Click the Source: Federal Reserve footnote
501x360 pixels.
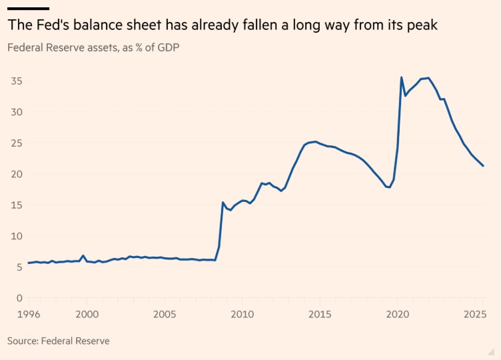pyautogui.click(x=58, y=341)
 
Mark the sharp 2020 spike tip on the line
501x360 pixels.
pyautogui.click(x=401, y=77)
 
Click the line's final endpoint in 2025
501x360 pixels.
pyautogui.click(x=484, y=166)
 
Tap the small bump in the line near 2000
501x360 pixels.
pyautogui.click(x=83, y=255)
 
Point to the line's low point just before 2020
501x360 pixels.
pyautogui.click(x=389, y=187)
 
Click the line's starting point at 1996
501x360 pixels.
pyautogui.click(x=28, y=263)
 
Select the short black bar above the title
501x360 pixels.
pyautogui.click(x=28, y=8)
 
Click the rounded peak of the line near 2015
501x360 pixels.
pyautogui.click(x=315, y=141)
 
